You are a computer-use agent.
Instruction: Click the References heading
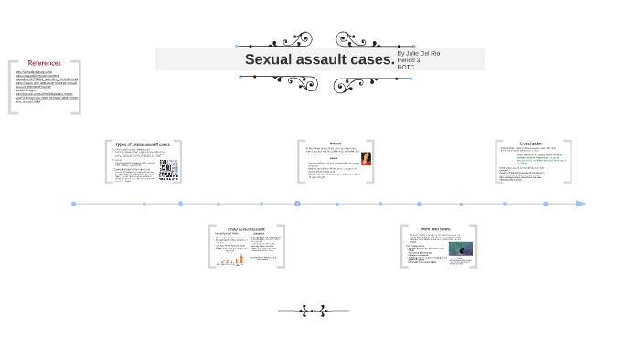coord(44,63)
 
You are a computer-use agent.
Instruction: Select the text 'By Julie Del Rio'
coord(419,53)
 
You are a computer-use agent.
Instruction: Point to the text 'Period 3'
coord(409,59)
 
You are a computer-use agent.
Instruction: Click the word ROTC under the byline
coord(406,67)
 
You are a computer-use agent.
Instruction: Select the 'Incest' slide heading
coord(336,143)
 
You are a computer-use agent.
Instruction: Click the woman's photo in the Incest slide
coord(366,159)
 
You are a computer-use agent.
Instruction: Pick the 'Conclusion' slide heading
coord(531,143)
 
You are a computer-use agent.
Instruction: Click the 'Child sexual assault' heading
coord(246,229)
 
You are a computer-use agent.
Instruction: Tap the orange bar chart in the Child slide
coord(230,260)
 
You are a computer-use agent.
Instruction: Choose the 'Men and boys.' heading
coord(436,228)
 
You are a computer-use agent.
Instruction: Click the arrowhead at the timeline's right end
coord(581,204)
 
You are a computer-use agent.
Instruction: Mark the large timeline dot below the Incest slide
coord(297,204)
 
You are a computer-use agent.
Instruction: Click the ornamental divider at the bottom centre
coord(313,311)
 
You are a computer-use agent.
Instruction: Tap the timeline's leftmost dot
coord(74,204)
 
